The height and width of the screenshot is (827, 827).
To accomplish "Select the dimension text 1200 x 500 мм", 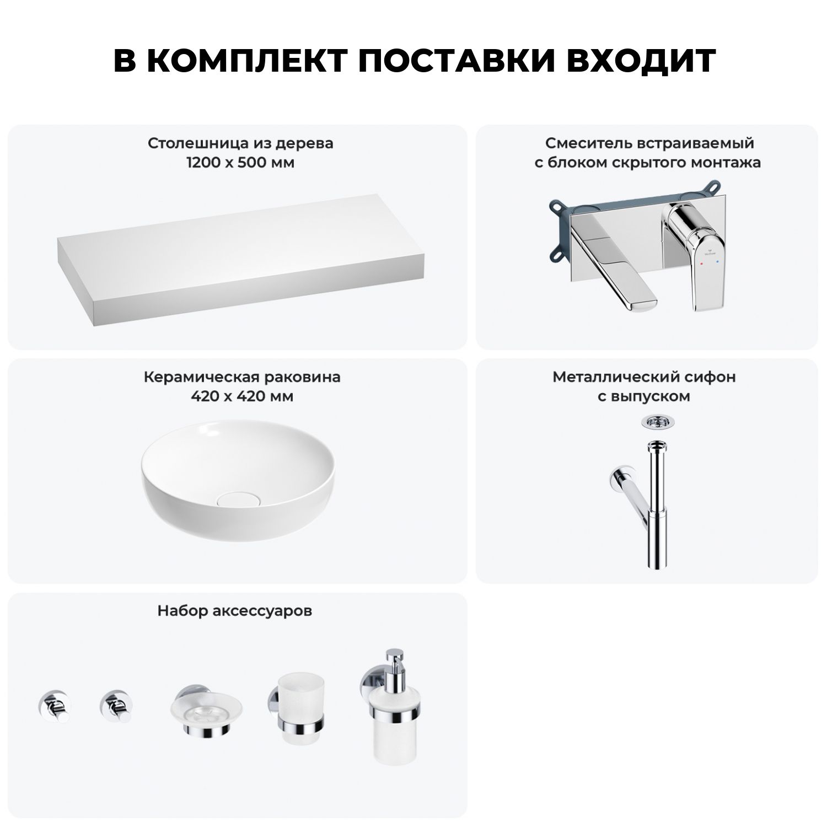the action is pyautogui.click(x=240, y=163).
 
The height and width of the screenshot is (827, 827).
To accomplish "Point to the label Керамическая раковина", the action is pyautogui.click(x=242, y=377).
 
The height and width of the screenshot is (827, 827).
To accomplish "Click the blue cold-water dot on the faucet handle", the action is pyautogui.click(x=716, y=264).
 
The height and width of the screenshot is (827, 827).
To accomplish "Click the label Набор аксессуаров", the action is pyautogui.click(x=235, y=611).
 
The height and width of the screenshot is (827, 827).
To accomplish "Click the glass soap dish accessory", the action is pyautogui.click(x=206, y=711).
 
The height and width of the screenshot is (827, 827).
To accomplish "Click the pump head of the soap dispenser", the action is pyautogui.click(x=395, y=659).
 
